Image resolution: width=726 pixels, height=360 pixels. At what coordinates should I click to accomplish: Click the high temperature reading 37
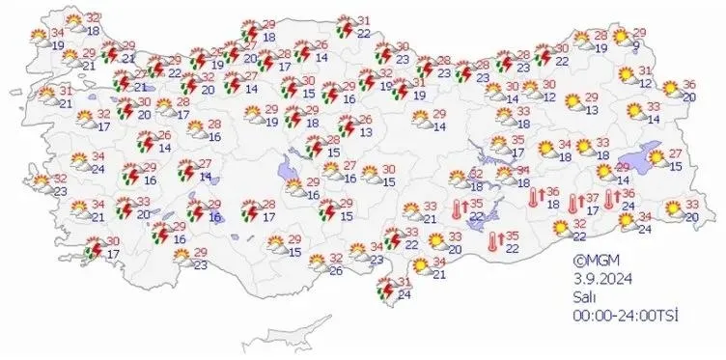point(592,197)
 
